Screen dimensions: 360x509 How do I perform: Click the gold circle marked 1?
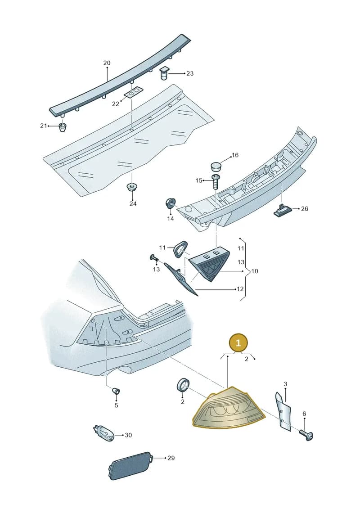click(238, 343)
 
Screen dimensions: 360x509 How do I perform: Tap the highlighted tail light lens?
click(229, 408)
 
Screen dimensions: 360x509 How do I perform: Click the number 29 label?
click(171, 458)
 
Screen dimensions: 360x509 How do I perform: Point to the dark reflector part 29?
click(130, 465)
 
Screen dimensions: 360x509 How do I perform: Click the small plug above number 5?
click(116, 390)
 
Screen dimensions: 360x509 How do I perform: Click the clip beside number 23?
click(164, 74)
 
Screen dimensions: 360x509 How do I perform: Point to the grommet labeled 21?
click(63, 127)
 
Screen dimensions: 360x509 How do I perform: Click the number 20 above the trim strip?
click(107, 63)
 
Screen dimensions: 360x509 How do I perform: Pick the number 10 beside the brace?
click(255, 271)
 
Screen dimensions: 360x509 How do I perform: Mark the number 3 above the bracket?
click(285, 384)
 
